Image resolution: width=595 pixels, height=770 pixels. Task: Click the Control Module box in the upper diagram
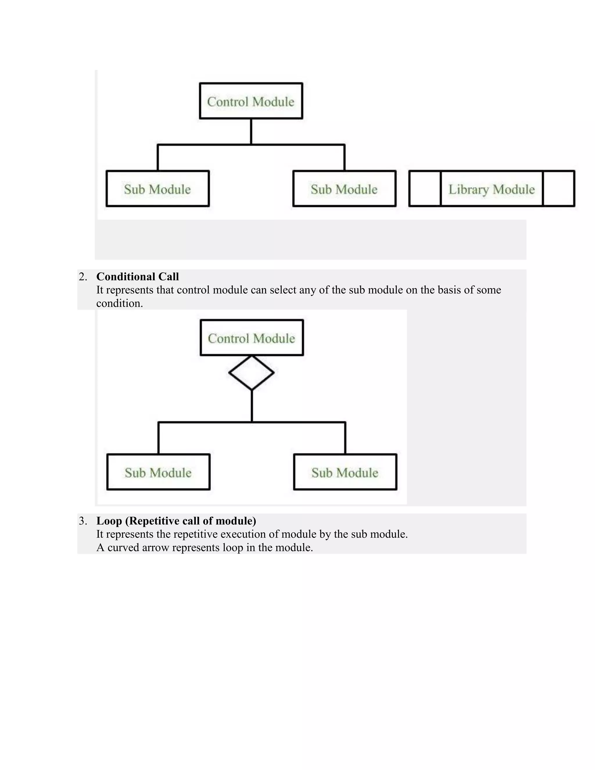(x=251, y=101)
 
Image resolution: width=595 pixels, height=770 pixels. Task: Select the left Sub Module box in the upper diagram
(x=157, y=189)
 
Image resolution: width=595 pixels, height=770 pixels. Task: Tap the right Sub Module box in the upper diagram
(x=344, y=189)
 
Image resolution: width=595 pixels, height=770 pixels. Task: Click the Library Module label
(x=491, y=189)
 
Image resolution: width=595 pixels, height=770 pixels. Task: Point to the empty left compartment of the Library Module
(x=425, y=189)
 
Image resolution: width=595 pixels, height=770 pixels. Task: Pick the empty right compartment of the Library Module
(x=559, y=189)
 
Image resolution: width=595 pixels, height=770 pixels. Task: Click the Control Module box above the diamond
(x=251, y=338)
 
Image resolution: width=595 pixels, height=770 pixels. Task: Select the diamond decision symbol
(x=251, y=372)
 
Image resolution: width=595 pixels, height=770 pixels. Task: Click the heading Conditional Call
(x=137, y=276)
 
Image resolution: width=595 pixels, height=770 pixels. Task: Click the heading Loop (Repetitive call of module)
(x=176, y=521)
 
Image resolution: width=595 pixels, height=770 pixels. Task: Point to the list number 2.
(x=83, y=277)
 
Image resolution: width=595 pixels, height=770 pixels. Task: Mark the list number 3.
(x=83, y=521)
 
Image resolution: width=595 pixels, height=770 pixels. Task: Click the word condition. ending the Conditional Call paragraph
(x=119, y=303)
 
